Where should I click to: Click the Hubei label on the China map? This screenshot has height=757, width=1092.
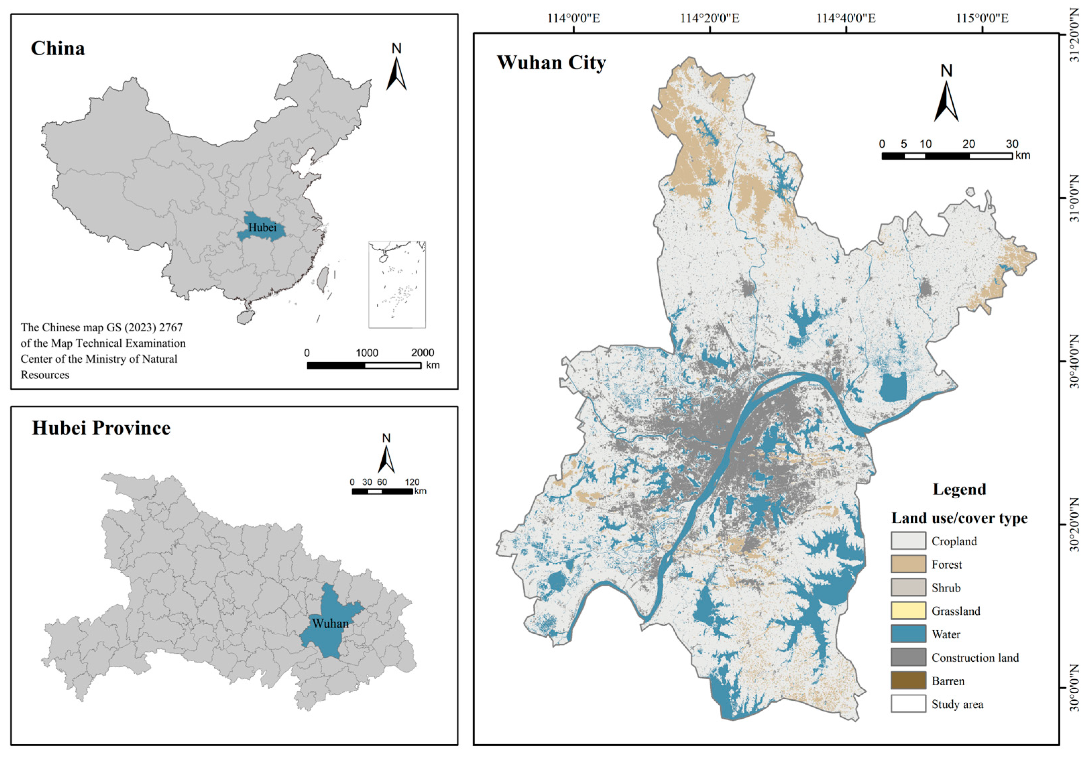tap(262, 228)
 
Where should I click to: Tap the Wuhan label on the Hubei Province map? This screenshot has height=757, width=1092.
tap(330, 623)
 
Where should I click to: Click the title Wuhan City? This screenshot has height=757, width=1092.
tap(551, 63)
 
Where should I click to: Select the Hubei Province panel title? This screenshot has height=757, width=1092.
tap(101, 428)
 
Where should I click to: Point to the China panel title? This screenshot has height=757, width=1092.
tap(58, 48)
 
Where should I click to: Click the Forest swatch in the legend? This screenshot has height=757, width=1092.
tap(908, 564)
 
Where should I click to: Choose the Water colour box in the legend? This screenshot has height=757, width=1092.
tap(908, 634)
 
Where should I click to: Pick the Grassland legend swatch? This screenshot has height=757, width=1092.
tap(908, 611)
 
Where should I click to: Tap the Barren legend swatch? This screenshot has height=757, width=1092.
tap(908, 680)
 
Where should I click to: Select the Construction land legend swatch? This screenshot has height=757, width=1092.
tap(908, 657)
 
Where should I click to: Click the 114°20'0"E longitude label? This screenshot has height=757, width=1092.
tap(710, 18)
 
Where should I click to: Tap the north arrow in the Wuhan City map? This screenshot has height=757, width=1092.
tap(946, 95)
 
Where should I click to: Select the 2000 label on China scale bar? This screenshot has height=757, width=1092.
tap(422, 353)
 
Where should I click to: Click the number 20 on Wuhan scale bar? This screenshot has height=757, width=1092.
tap(969, 144)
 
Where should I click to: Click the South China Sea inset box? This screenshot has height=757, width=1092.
tap(397, 284)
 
